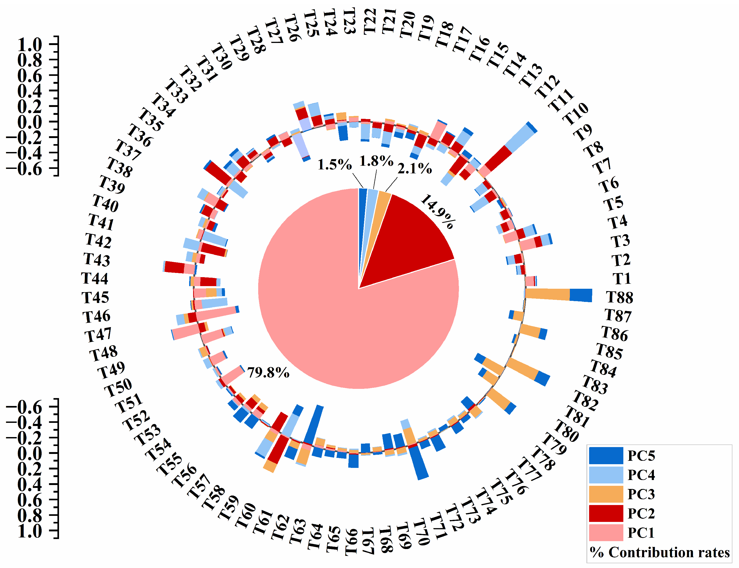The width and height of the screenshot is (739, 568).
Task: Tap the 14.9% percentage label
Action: pos(438,211)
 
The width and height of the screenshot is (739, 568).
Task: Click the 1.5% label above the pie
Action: pos(334,165)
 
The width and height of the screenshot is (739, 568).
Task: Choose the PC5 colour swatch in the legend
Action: pos(605,456)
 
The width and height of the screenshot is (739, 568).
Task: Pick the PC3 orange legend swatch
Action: pos(605,494)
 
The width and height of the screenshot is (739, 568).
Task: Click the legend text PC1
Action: pos(641,533)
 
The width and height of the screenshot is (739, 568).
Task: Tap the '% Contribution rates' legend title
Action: pos(659,552)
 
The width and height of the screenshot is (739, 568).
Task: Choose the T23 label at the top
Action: pos(350,21)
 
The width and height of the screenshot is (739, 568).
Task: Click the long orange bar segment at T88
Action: pos(548,294)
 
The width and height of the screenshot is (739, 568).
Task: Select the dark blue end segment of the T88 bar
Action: pos(580,295)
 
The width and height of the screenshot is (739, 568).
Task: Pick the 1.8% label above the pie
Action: pos(376,161)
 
